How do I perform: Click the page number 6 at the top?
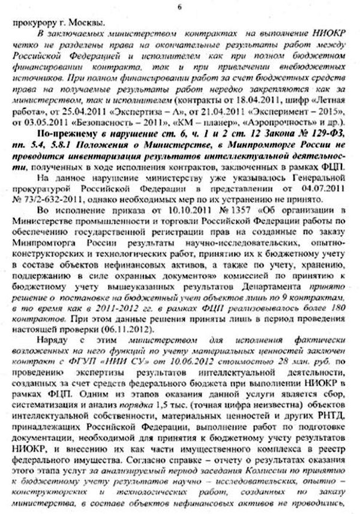tap(180, 6)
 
